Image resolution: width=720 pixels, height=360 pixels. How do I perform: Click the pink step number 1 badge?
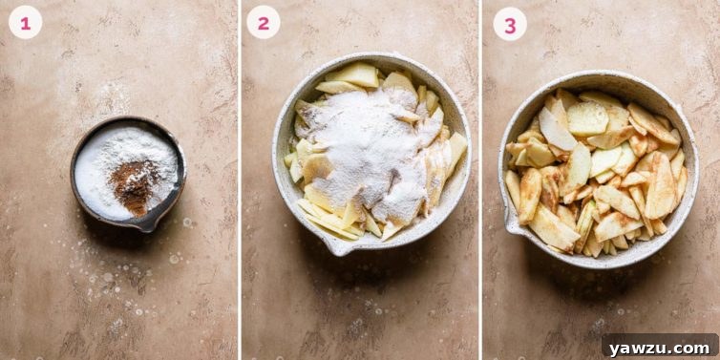click(26, 22)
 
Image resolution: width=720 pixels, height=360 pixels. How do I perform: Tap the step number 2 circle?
click(264, 22)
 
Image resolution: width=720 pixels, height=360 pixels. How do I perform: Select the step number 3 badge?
click(510, 23)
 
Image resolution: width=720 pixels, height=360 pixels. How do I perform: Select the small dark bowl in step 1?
click(128, 173)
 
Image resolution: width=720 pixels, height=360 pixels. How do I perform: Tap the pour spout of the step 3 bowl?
click(513, 225)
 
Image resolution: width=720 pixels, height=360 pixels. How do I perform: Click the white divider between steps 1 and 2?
click(239, 180)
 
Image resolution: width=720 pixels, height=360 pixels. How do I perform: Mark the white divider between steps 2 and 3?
click(480, 180)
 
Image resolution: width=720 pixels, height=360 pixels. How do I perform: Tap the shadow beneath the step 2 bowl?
click(382, 263)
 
